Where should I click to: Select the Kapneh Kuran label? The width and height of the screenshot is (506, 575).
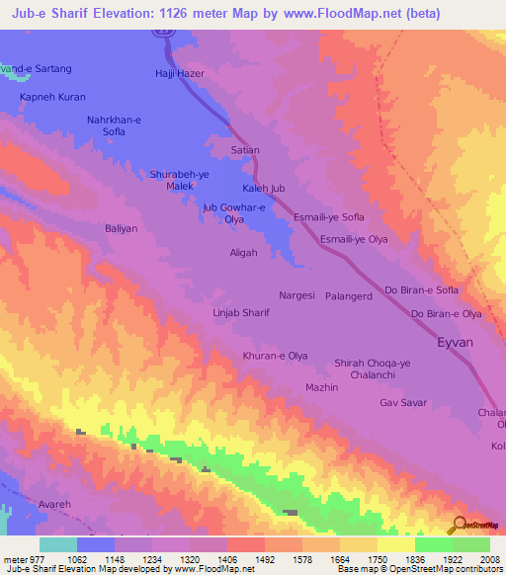[x=53, y=98]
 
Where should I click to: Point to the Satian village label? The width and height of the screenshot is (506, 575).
[x=244, y=150]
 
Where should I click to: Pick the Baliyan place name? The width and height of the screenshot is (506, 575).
[x=122, y=228]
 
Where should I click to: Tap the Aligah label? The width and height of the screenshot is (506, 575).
[x=243, y=253]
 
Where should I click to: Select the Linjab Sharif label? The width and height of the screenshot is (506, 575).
[x=241, y=312]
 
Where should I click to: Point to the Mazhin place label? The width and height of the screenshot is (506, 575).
[x=322, y=387]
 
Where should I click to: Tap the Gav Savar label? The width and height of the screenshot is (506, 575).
[x=402, y=403]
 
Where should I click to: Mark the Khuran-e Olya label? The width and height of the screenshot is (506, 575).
[x=276, y=355]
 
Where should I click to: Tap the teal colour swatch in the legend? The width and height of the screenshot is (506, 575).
[x=57, y=544]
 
